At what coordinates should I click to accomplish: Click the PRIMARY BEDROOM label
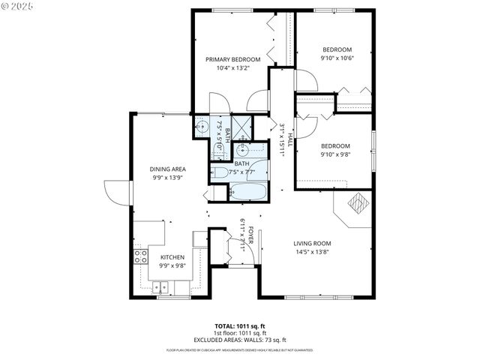(x=233, y=59)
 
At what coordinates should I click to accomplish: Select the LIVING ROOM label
(x=312, y=243)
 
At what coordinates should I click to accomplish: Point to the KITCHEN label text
(x=172, y=256)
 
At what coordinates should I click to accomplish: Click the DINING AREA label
(x=168, y=169)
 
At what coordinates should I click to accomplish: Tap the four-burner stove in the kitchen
(x=140, y=257)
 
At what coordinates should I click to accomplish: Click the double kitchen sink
(x=161, y=286)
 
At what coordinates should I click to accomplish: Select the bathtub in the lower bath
(x=248, y=192)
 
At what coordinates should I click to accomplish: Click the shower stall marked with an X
(x=241, y=126)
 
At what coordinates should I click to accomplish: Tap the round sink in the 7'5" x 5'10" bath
(x=202, y=127)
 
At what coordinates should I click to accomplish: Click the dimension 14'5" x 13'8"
(x=312, y=252)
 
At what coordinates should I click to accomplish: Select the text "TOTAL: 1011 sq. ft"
(x=240, y=326)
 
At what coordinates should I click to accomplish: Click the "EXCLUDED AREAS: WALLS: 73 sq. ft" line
(x=240, y=340)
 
